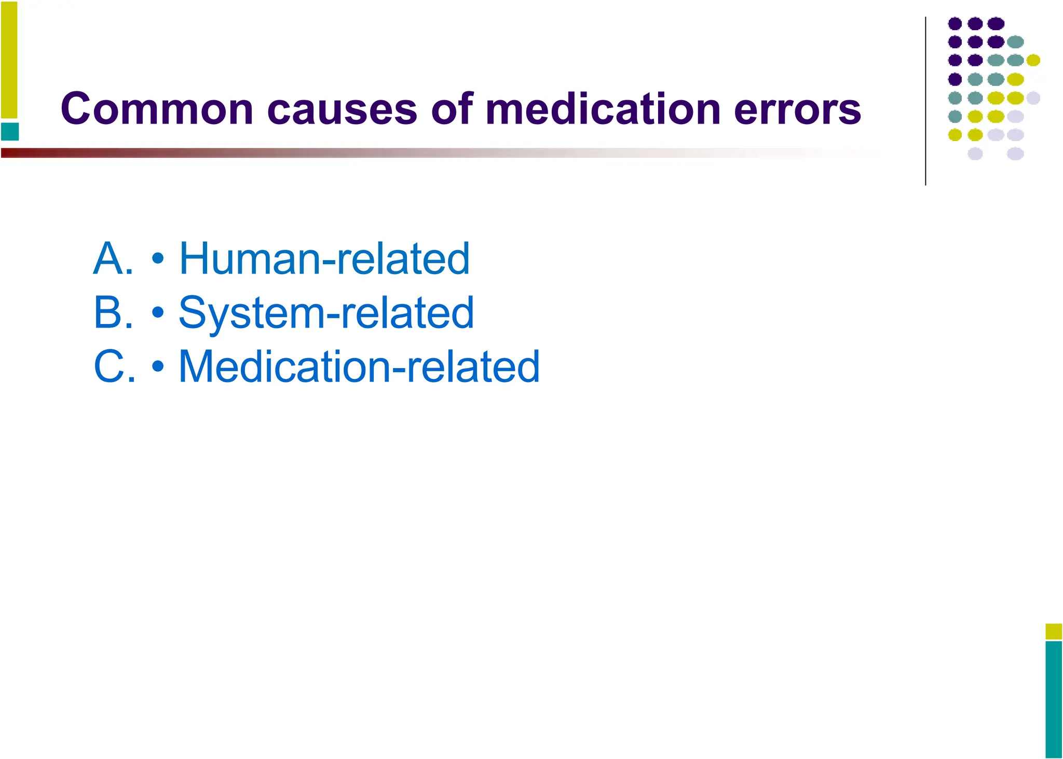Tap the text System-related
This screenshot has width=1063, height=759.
[x=326, y=313]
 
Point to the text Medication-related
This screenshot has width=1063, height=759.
[x=359, y=367]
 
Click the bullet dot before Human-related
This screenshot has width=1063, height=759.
[x=158, y=259]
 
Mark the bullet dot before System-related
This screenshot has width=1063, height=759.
[x=158, y=313]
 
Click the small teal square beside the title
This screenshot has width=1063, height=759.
[x=10, y=131]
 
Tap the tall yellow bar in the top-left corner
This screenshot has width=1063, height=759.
[x=9, y=60]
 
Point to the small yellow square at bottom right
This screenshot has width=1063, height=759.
[x=1054, y=631]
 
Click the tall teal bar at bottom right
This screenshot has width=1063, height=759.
[x=1054, y=699]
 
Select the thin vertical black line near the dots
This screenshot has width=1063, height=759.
[x=925, y=101]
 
